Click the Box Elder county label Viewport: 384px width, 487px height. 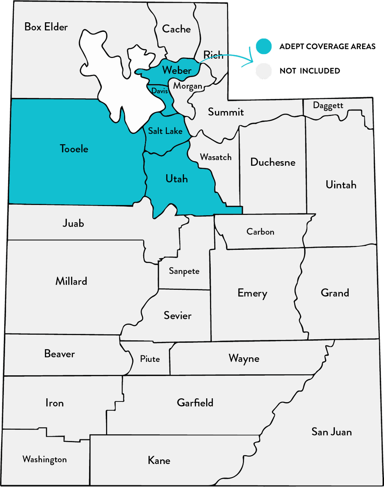pos(46,27)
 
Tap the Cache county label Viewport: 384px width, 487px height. pos(176,29)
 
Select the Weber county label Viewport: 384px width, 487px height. pos(177,70)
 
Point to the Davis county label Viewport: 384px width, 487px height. pos(159,91)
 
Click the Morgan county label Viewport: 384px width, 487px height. pos(187,86)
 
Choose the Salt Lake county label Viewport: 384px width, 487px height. pos(165,131)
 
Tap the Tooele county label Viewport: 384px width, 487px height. pos(74,149)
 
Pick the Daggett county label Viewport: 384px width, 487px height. pos(328,106)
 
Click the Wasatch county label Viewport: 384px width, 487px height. pos(216,157)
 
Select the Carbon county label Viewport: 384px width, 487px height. pos(260,232)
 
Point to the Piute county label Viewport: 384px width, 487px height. pos(150,359)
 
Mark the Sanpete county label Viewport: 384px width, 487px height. pos(184,271)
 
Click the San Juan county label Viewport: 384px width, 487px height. pos(331,432)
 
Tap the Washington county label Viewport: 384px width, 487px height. pos(45,460)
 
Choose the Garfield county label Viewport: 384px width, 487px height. pos(195,403)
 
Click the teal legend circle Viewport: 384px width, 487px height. pos(264,46)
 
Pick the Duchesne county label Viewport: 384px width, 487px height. pos(273,162)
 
